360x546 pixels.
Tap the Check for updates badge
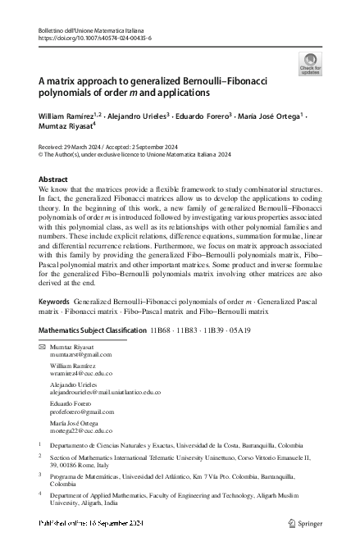(x=310, y=64)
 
